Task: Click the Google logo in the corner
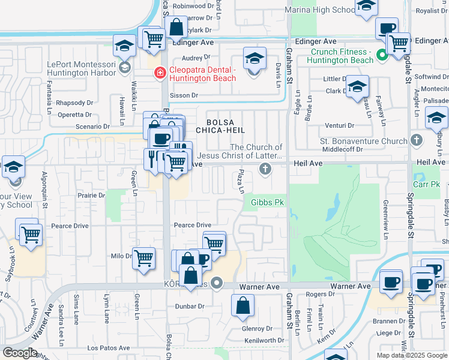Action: coord(19,353)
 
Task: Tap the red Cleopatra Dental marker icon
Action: coord(160,73)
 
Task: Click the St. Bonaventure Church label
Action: coord(372,142)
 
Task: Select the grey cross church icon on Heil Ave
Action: coord(264,169)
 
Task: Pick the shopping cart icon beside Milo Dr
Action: coord(143,259)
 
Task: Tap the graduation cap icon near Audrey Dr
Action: coord(255,59)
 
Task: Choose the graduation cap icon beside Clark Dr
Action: coord(357,88)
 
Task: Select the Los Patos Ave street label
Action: coord(109,347)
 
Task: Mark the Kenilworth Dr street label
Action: coord(264,340)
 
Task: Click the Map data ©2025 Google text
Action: coord(411,355)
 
